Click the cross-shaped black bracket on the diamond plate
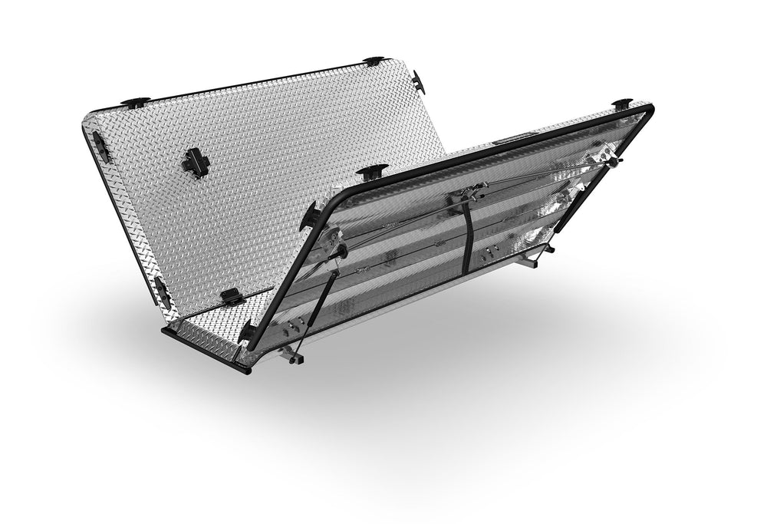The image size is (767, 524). tap(196, 162)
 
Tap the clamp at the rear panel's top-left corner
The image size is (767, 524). tap(134, 101)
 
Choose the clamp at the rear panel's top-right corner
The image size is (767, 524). tap(374, 61)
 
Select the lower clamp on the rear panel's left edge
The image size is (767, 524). tap(160, 290)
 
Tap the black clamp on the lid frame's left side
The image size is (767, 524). tap(310, 217)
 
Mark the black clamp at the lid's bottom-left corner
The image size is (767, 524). tap(248, 331)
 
